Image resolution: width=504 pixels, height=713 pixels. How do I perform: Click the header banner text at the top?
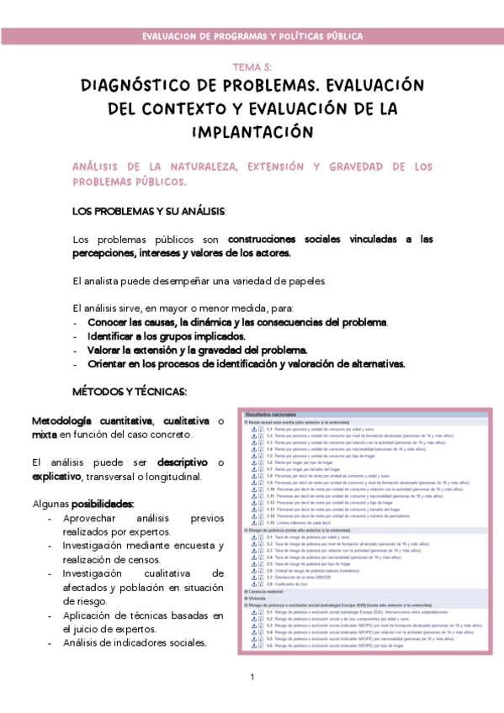coord(252,36)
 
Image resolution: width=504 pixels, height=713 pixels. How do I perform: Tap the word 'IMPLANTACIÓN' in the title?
coord(252,133)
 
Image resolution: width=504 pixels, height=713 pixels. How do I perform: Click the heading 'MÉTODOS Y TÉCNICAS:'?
coord(130,392)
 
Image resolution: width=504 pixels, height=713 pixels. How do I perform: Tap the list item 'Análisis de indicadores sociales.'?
coord(135,642)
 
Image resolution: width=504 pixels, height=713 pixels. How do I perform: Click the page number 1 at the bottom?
coord(252,678)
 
